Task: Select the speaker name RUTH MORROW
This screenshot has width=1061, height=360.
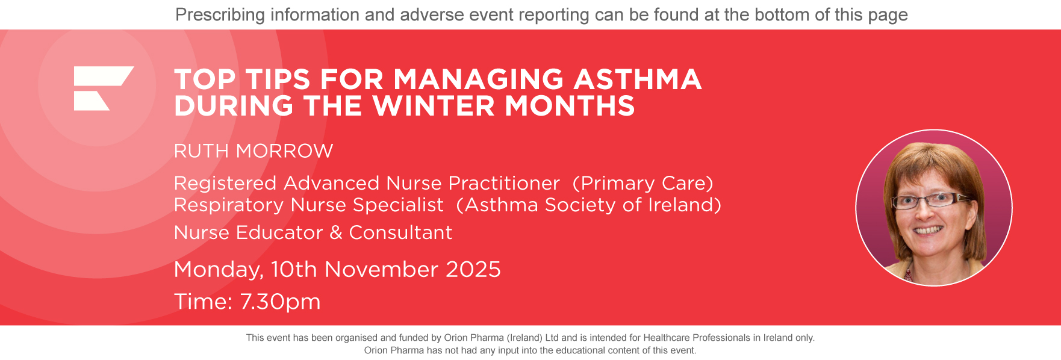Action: [x=254, y=151]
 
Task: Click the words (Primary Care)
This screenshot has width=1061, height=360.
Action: [x=643, y=183]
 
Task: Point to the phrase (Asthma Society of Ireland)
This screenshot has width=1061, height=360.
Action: [x=588, y=205]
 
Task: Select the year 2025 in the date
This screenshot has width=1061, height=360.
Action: [x=473, y=270]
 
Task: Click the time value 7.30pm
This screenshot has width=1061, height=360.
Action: [x=280, y=302]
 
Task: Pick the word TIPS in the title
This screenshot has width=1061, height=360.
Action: [x=278, y=80]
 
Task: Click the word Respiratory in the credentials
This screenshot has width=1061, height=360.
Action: [x=229, y=205]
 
